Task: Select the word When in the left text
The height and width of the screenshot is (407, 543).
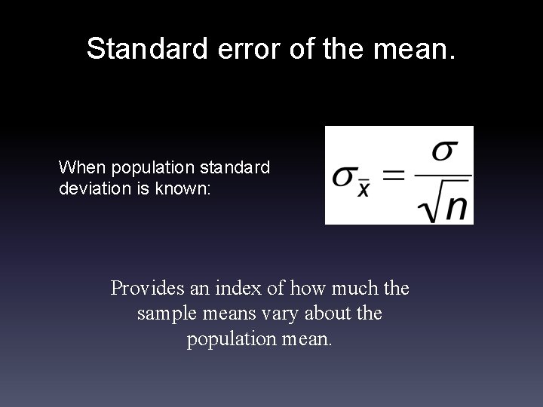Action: point(78,167)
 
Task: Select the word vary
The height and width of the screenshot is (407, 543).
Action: point(279,313)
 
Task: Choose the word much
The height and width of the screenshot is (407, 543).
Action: point(351,288)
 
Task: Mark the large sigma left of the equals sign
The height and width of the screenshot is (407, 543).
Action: point(343,178)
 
